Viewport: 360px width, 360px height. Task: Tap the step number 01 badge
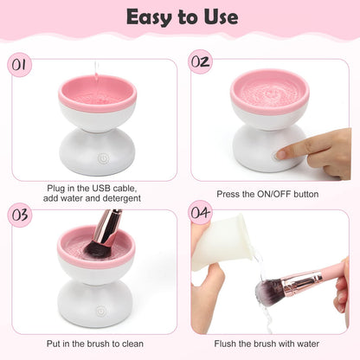click(x=20, y=66)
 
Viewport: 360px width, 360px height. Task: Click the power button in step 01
click(x=102, y=159)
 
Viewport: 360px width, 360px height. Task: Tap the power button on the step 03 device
click(x=101, y=302)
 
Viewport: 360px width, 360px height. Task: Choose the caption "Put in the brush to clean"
click(x=96, y=344)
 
